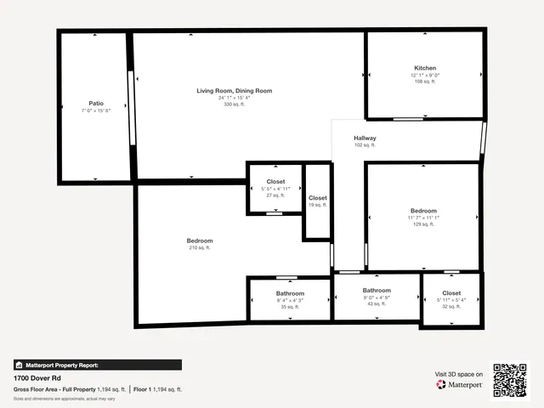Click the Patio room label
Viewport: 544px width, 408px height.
96,104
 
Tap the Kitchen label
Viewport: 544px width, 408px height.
425,68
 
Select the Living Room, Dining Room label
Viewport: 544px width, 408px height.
234,90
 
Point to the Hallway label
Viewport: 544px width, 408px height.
365,138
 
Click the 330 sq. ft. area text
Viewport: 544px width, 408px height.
234,105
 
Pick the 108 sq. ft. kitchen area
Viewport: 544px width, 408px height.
425,82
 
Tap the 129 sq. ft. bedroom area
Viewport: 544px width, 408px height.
423,224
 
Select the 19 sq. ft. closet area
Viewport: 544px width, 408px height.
317,205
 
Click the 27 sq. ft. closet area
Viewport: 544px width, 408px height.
276,195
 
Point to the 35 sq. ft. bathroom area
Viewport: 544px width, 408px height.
290,307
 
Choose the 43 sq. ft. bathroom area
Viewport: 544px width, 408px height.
377,304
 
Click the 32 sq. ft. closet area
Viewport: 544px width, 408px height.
451,306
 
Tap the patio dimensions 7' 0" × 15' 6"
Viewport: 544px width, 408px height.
96,111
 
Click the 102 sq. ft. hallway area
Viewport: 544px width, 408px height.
365,145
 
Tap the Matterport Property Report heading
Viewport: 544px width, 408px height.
62,365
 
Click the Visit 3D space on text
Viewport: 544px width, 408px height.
459,374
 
